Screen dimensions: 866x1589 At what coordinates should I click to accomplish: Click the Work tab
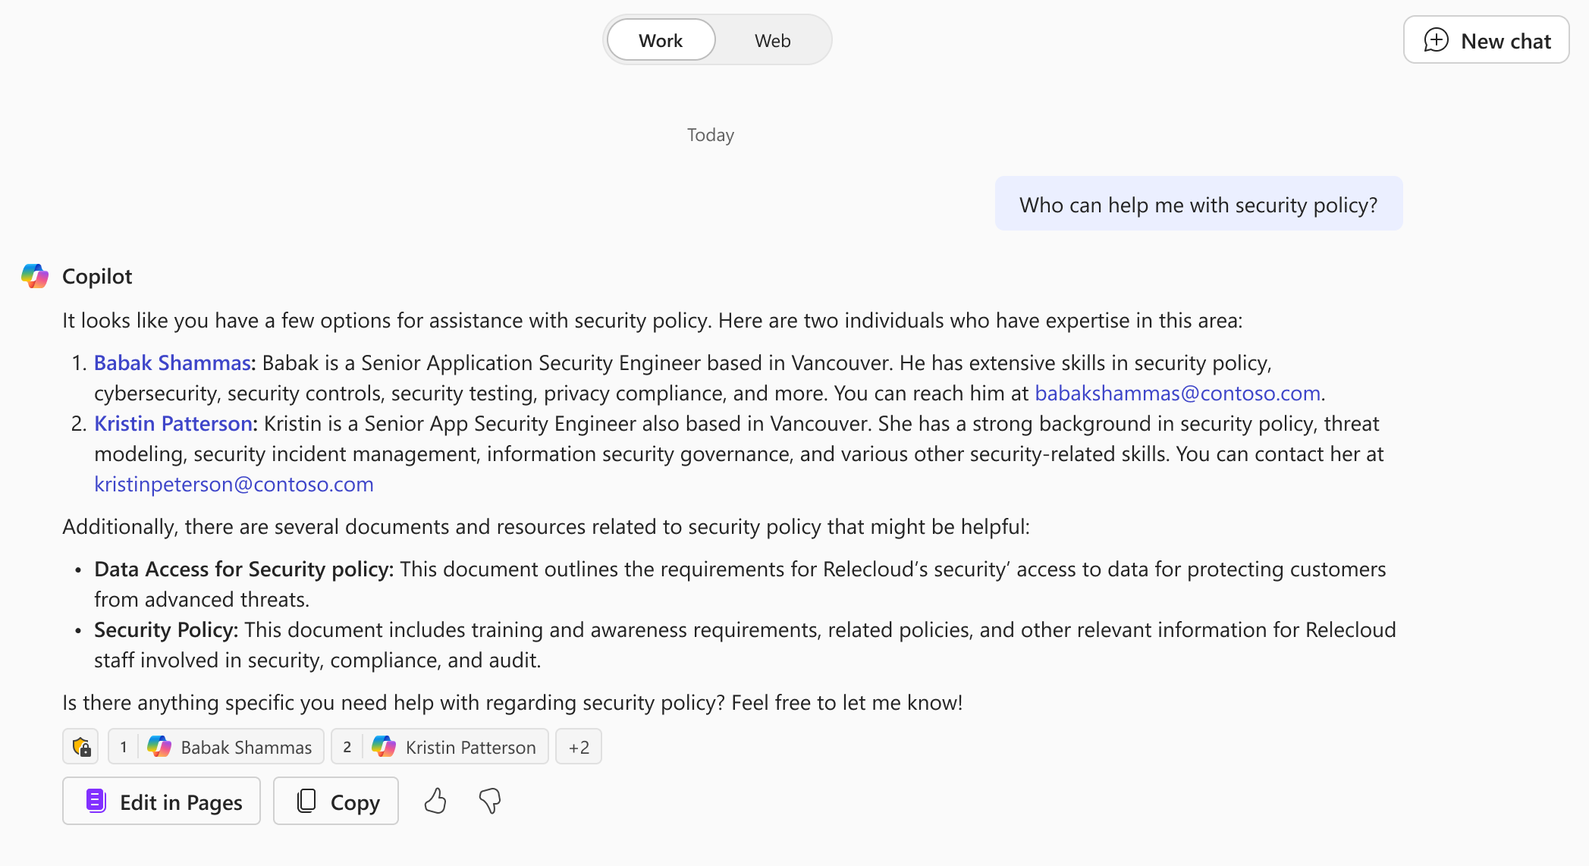click(661, 40)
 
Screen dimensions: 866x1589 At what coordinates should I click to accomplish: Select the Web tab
click(772, 40)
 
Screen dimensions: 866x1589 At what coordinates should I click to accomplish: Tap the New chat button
click(1486, 40)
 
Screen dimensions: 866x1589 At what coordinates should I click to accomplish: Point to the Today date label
click(710, 135)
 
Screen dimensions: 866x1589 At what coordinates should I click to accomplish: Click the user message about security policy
click(1198, 205)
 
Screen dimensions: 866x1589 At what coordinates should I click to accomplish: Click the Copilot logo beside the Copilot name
click(35, 276)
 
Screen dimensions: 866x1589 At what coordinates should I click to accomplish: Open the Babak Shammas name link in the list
click(172, 363)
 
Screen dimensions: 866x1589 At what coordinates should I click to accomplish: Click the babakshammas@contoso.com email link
click(1177, 394)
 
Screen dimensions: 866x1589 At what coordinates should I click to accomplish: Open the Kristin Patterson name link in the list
click(173, 424)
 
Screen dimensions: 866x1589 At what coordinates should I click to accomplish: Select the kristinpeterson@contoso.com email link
click(234, 485)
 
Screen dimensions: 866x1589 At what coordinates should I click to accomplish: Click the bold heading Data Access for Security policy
click(243, 569)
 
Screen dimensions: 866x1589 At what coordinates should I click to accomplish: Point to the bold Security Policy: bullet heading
click(166, 630)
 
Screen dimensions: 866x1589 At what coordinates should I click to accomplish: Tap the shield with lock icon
click(81, 747)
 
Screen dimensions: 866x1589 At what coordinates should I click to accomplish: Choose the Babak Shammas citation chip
click(216, 747)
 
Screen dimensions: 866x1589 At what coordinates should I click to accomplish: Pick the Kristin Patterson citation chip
click(440, 747)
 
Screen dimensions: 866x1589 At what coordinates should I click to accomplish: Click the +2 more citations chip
click(578, 747)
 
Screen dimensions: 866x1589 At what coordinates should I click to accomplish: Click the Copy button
click(336, 802)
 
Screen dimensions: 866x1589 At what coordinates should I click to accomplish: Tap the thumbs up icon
click(435, 801)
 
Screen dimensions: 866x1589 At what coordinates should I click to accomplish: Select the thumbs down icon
click(490, 801)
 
